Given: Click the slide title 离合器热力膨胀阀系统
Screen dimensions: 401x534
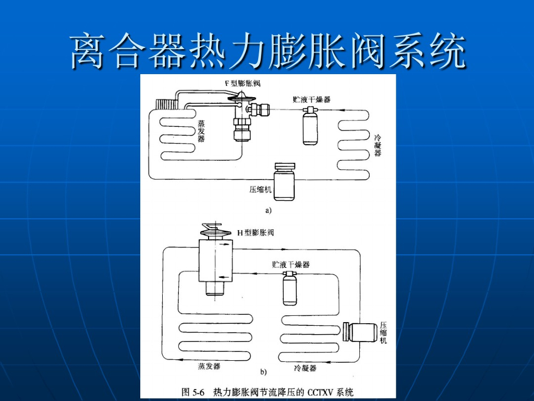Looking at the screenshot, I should coord(267,51).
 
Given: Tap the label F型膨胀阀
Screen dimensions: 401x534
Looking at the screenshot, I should coord(242,84).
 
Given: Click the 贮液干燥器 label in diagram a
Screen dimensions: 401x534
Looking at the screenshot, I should coord(311,99).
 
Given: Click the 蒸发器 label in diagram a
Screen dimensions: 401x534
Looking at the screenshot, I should coord(201,131).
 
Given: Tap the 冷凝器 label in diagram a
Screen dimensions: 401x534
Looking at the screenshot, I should coord(378,145).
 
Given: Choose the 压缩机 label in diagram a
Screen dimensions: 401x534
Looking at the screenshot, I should coord(261,190).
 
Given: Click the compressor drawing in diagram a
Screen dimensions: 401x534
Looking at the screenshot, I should coord(284,182).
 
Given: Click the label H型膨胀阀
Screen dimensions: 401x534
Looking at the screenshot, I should coord(256,232).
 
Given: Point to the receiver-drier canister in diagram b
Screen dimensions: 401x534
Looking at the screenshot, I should coord(289,290).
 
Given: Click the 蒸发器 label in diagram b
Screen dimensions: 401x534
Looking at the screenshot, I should coord(209,367).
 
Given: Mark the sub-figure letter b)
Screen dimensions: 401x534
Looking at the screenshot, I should coord(263,372).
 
